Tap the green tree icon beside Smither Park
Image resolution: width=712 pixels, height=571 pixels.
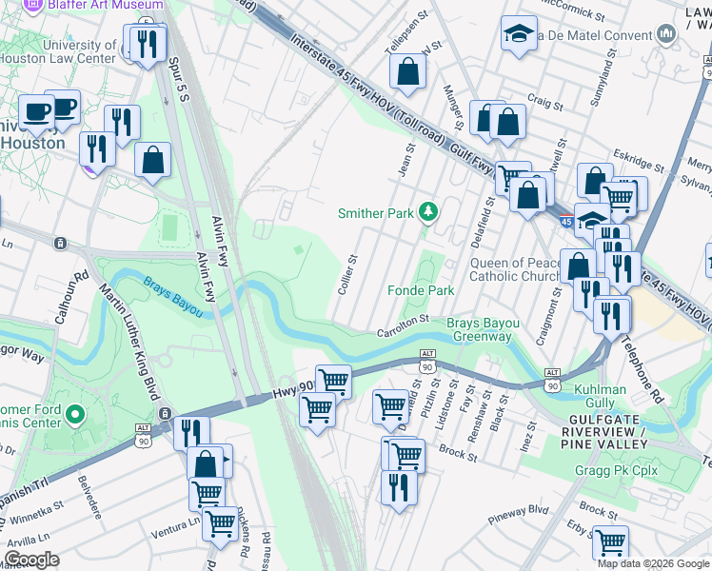[x=429, y=212]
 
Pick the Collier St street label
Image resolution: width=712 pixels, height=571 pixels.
[x=347, y=273]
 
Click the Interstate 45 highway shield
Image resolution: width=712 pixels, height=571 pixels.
[x=565, y=222]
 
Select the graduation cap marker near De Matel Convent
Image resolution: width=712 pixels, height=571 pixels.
[x=519, y=34]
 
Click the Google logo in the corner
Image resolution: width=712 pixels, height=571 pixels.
[x=31, y=560]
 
